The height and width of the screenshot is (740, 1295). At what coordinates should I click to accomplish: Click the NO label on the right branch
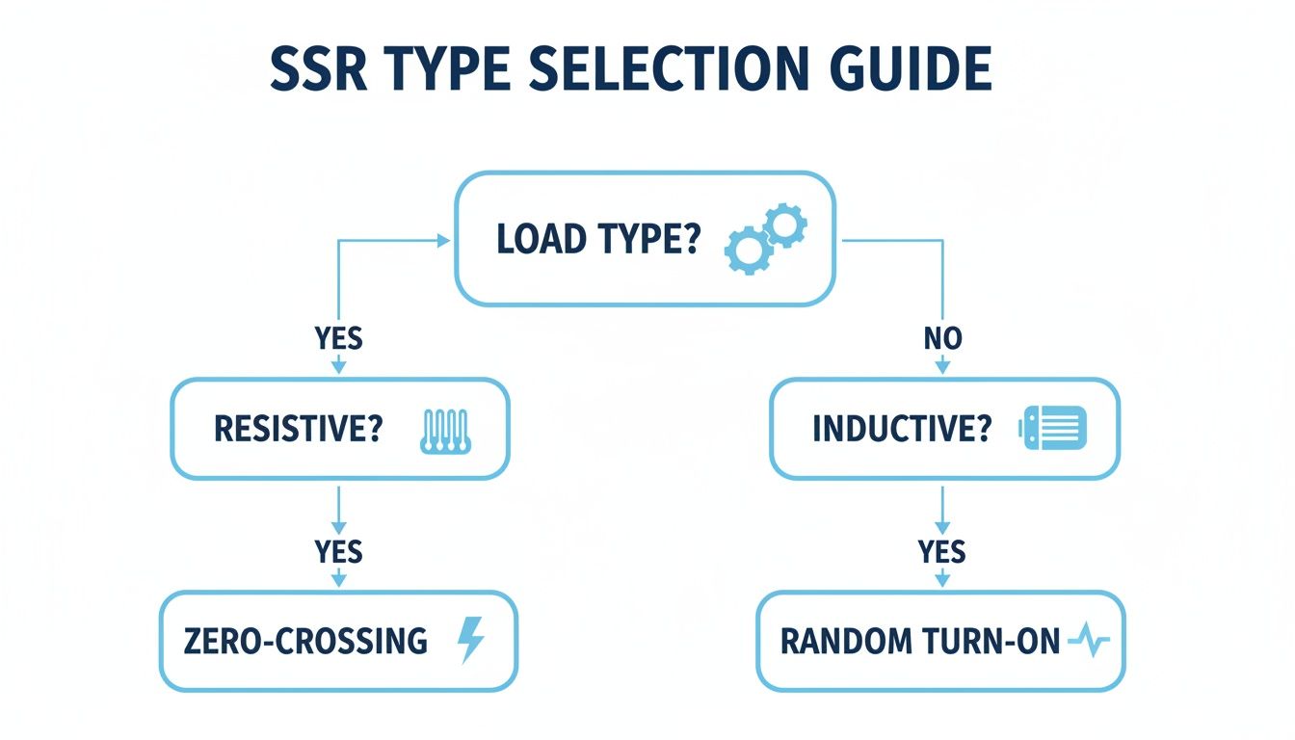(941, 338)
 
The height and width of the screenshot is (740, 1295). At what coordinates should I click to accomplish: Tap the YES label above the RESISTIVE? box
(338, 338)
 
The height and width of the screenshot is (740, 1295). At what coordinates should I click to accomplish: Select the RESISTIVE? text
(298, 429)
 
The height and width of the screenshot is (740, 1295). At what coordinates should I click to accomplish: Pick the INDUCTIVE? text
(901, 429)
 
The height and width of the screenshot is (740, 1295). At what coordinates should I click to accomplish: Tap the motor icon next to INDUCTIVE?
(1052, 428)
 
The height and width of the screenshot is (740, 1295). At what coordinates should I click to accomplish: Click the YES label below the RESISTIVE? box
(338, 552)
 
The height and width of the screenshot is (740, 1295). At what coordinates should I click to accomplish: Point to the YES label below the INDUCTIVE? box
(941, 552)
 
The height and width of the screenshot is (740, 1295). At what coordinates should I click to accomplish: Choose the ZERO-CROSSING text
(304, 641)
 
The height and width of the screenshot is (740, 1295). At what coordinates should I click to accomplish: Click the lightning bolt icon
(471, 640)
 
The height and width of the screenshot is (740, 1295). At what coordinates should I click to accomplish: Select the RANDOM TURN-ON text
(920, 641)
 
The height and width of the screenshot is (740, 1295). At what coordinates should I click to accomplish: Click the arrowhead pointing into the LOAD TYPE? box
(444, 241)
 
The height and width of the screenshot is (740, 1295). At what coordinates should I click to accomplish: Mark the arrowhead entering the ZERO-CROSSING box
(338, 580)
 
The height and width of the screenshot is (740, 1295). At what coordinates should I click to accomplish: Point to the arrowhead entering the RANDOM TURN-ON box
(941, 580)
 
